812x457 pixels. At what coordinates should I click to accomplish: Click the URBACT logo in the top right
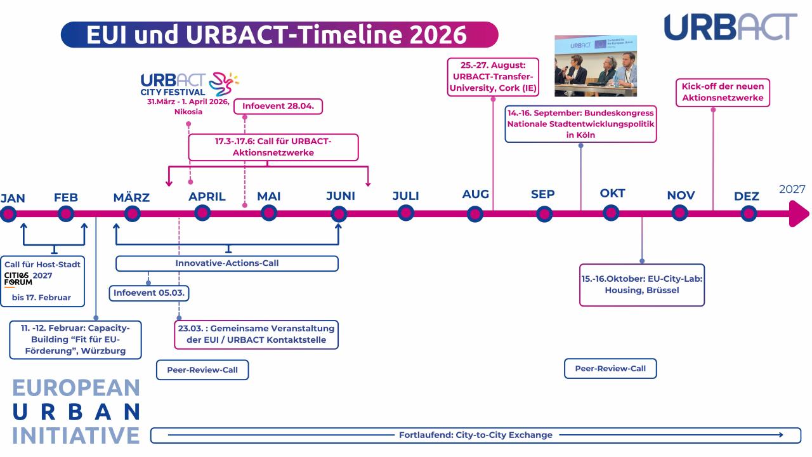tap(730, 27)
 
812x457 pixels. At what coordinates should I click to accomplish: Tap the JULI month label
tap(405, 195)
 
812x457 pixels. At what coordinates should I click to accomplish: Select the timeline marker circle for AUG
tap(475, 214)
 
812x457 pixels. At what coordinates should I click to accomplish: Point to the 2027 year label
tap(792, 189)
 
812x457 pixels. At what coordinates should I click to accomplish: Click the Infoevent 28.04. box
tap(278, 105)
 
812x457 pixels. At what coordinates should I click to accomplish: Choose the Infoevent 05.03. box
tap(151, 293)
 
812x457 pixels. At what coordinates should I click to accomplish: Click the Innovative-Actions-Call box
tap(226, 263)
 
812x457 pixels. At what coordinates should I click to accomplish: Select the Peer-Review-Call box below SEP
tap(610, 368)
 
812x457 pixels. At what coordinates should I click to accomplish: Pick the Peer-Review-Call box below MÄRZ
tap(202, 369)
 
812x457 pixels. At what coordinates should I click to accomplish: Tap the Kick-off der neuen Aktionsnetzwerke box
tap(723, 92)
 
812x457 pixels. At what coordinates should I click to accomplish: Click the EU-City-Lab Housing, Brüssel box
tap(642, 284)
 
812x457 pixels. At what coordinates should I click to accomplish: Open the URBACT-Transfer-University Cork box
tap(493, 77)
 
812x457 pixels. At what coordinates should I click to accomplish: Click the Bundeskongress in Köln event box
tap(580, 124)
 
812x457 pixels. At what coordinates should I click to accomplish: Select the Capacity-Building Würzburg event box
tap(75, 339)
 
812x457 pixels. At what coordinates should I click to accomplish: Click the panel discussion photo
tap(596, 65)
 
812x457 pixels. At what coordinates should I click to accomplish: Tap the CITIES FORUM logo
tap(18, 279)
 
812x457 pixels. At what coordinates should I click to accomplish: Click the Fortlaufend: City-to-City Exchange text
tap(475, 435)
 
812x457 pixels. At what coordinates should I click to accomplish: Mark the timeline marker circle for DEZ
tap(749, 214)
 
